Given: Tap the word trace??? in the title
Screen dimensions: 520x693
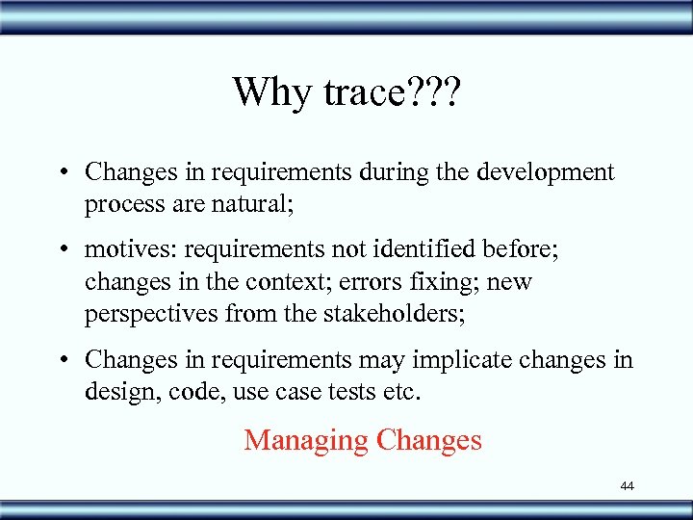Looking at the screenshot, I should click(391, 92).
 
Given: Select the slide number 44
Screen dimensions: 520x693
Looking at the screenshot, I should click(627, 486).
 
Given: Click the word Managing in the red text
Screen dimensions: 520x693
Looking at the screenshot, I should click(306, 440).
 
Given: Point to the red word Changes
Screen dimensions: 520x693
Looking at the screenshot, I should click(429, 440).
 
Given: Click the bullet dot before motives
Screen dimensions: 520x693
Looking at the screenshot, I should click(62, 250).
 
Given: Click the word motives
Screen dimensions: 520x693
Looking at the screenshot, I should click(130, 250).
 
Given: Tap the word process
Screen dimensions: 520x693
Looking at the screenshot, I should click(121, 204).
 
